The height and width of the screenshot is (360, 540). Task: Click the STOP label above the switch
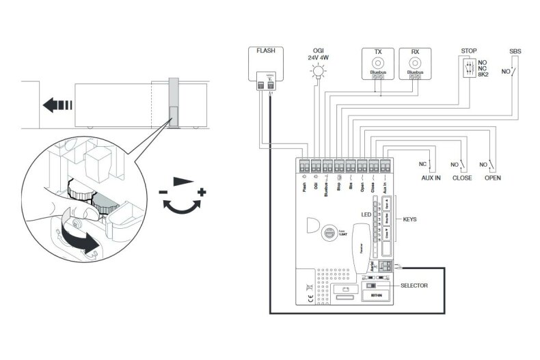point(469,51)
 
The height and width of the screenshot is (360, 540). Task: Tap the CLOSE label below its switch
point(462,177)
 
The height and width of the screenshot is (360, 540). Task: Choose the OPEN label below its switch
point(492,177)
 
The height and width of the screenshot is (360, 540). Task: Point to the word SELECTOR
point(414,286)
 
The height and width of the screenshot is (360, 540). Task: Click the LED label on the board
point(365,216)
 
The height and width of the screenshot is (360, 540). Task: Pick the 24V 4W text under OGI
point(318,58)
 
